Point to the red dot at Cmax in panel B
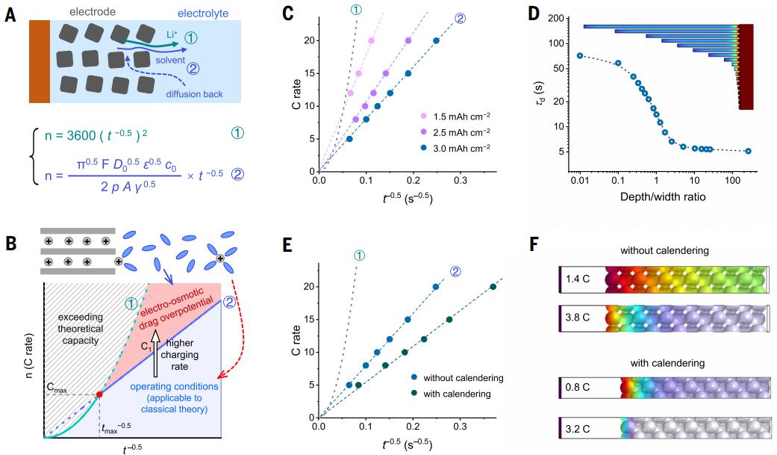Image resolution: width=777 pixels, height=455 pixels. (x=99, y=394)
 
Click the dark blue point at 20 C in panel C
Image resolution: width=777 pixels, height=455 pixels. (x=436, y=40)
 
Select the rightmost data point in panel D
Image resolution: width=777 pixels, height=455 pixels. (x=749, y=151)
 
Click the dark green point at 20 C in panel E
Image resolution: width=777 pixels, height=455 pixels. (x=493, y=287)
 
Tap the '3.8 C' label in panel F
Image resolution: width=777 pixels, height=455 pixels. (x=579, y=321)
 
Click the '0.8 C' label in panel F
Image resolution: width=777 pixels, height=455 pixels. (x=579, y=389)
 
